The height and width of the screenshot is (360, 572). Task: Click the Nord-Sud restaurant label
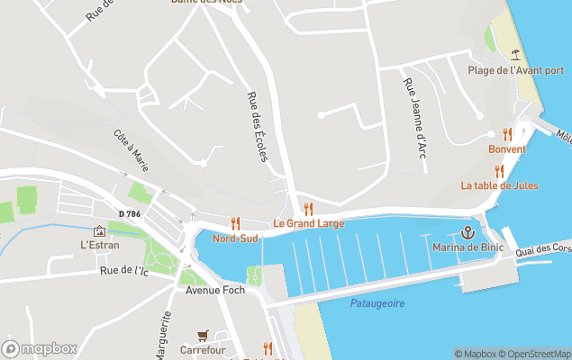[x=235, y=238]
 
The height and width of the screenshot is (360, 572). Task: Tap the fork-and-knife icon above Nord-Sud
[x=236, y=222]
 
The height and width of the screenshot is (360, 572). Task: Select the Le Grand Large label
[x=308, y=223]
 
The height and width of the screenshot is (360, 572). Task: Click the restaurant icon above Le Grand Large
[x=308, y=209]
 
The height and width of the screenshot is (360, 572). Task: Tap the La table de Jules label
[x=499, y=185]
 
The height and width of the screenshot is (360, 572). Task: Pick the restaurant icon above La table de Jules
[x=499, y=171]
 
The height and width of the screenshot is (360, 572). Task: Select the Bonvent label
[x=507, y=148]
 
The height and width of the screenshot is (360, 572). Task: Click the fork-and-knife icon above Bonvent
[x=507, y=134]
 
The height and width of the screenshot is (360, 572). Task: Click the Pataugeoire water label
[x=377, y=303]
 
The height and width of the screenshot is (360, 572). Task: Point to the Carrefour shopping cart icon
[x=203, y=335]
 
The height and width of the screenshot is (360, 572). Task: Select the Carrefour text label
[x=203, y=349]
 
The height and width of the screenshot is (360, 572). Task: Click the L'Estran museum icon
[x=99, y=231]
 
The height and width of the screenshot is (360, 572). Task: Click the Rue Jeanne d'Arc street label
[x=414, y=118]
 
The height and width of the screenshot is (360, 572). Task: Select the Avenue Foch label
[x=209, y=291]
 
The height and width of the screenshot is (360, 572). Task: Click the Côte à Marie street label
[x=132, y=150]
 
